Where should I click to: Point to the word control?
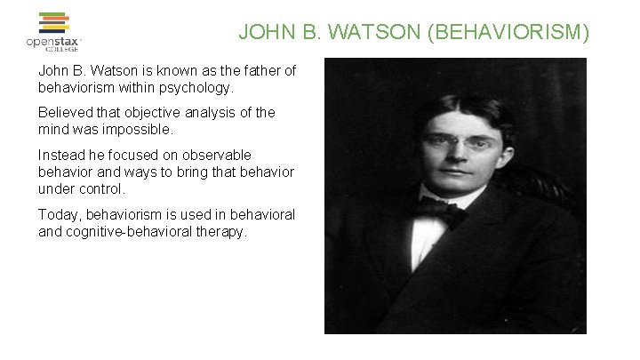[100, 188]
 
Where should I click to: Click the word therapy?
[223, 231]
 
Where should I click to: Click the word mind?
[55, 129]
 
